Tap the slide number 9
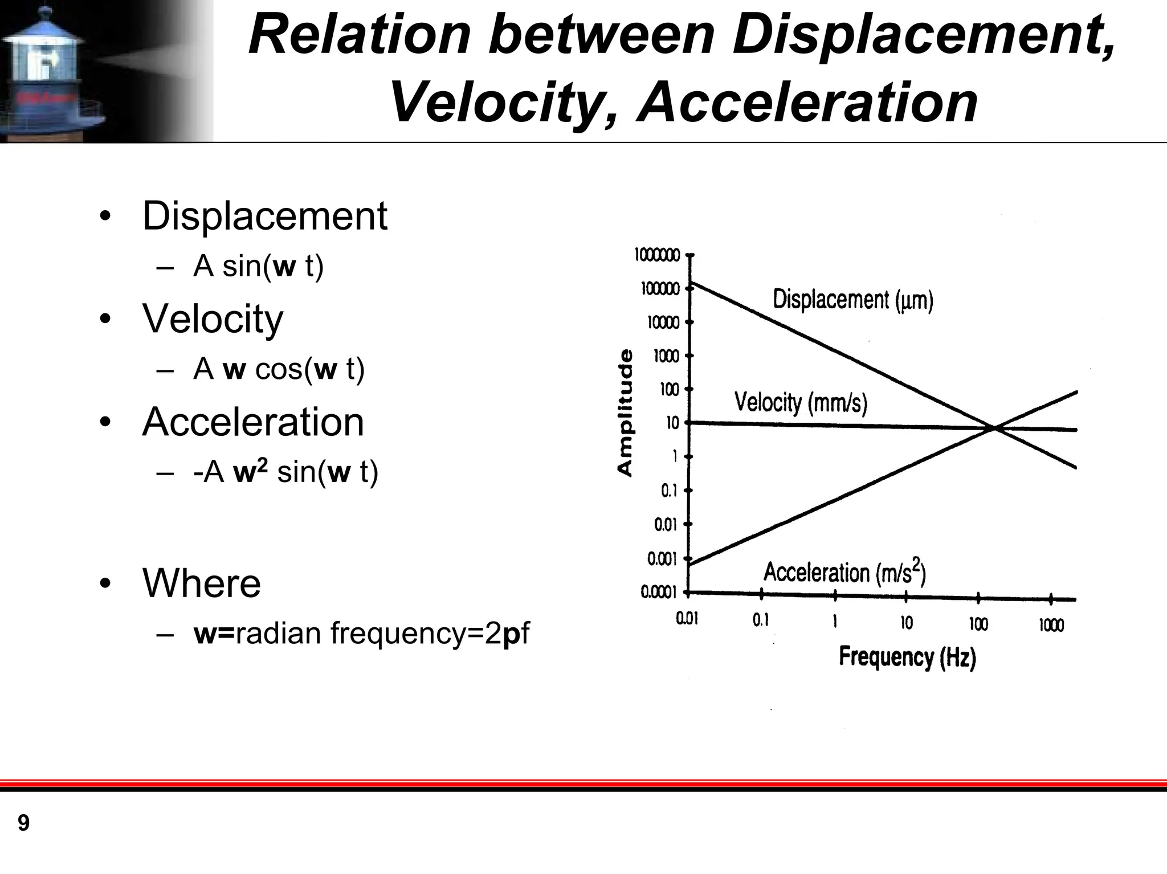point(23,823)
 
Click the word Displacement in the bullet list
point(264,216)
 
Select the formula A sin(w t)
point(258,266)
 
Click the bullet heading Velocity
point(213,318)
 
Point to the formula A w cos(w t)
point(279,369)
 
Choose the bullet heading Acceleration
point(253,422)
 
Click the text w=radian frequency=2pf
point(361,633)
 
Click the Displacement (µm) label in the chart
point(852,300)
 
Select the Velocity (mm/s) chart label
point(801,402)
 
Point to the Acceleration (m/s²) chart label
point(844,572)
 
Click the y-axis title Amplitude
point(625,413)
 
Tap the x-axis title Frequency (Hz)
point(907,657)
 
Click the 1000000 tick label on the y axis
point(657,255)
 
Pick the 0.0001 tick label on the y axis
point(658,593)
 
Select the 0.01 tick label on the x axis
point(687,619)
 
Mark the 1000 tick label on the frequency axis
point(1051,625)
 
